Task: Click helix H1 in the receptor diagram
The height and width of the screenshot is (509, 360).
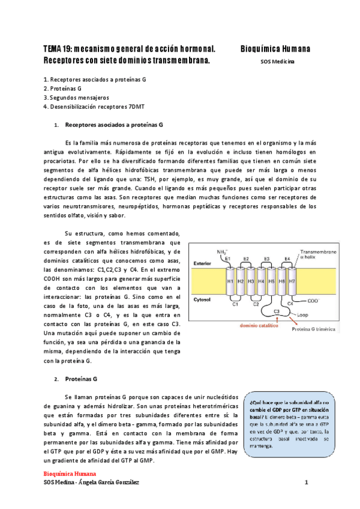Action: coord(230,281)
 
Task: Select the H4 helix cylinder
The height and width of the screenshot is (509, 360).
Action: coord(262,281)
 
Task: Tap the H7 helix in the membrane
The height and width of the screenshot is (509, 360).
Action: coord(292,281)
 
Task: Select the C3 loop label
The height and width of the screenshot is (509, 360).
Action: coord(277,312)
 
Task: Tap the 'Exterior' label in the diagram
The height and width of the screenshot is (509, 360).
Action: coord(202,264)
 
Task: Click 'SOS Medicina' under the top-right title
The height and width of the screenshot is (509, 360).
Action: coord(277,61)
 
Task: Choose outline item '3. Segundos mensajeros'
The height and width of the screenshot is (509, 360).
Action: coord(76,97)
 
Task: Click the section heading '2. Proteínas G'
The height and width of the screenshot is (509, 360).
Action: coord(77,379)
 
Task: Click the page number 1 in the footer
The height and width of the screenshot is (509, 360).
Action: coord(306,482)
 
